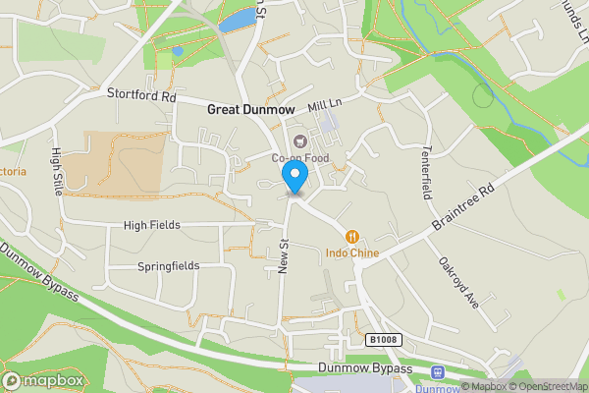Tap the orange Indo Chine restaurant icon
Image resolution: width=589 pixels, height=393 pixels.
coord(350,236)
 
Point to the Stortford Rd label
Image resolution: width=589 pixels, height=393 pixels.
coord(140,97)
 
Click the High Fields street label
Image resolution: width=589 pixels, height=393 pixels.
coord(151,225)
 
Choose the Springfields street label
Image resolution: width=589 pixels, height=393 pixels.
coord(168,265)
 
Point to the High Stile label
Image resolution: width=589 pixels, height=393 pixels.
coord(57,169)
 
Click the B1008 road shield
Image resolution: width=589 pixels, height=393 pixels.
coord(384,340)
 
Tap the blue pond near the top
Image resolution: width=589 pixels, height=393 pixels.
coord(235,22)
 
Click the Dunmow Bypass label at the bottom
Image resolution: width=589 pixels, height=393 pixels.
coord(357,368)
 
